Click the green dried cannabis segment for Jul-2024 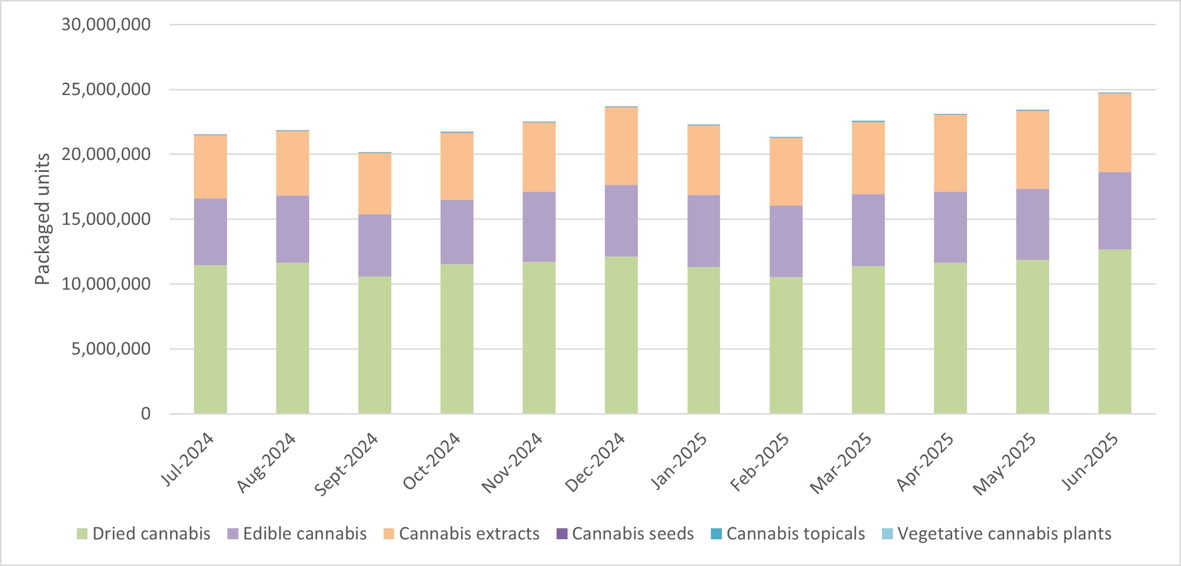tap(210, 339)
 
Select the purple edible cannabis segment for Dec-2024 tap(621, 221)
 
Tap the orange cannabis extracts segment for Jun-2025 tap(1115, 133)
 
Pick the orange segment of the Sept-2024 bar tap(375, 184)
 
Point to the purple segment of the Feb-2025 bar tap(786, 241)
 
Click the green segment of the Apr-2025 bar tap(950, 338)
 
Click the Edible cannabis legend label tap(305, 534)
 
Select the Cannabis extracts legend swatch tap(389, 534)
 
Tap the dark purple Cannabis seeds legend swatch tap(562, 534)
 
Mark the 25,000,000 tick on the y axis tap(106, 89)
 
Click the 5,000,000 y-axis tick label tap(111, 349)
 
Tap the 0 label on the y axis tap(146, 414)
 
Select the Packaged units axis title tap(43, 219)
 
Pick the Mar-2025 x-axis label tap(841, 463)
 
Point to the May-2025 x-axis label tap(1005, 464)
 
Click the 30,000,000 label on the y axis tap(106, 24)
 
